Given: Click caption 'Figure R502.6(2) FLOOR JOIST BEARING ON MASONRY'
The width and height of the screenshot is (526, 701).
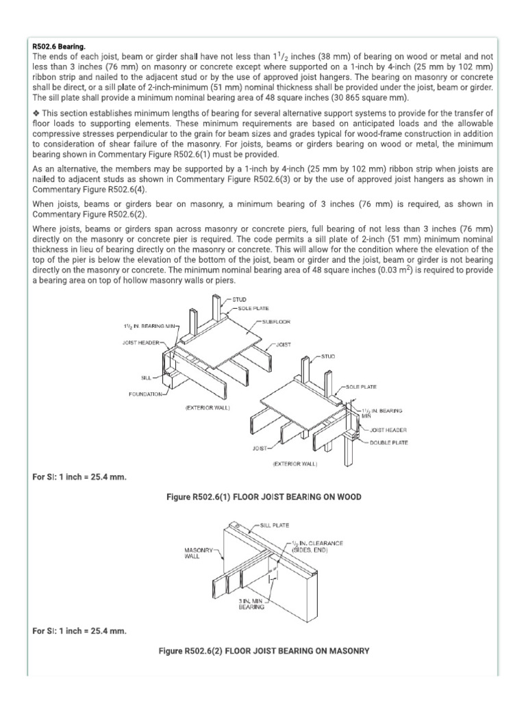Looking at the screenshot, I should tap(264, 651).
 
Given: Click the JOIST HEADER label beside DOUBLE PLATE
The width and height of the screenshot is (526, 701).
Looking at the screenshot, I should tap(388, 431).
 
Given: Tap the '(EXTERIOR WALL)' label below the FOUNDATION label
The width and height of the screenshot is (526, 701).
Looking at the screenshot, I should tap(208, 408).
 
